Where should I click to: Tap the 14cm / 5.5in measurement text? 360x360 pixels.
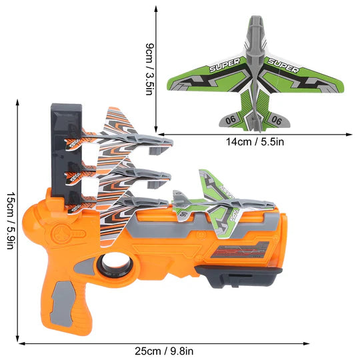click(255, 141)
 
